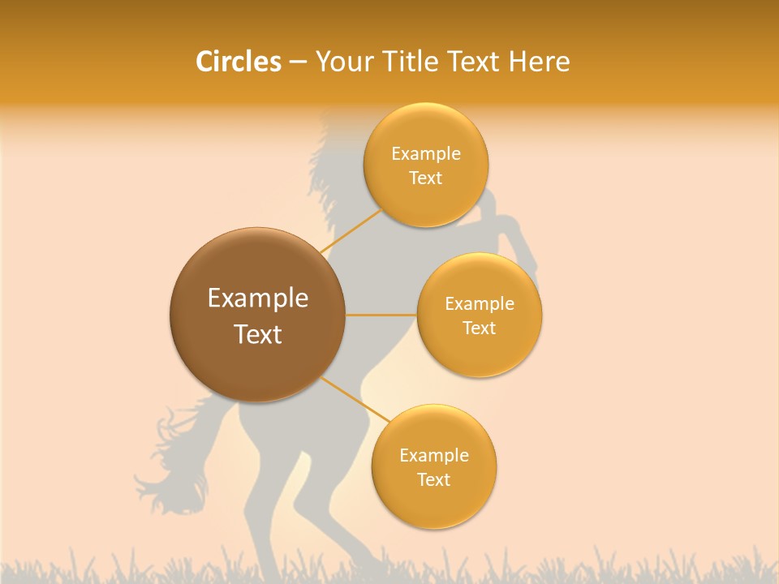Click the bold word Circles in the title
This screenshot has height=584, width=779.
(239, 62)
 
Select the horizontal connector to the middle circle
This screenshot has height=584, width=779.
(381, 315)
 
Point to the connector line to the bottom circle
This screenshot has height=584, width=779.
(355, 399)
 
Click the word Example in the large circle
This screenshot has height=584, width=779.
(258, 298)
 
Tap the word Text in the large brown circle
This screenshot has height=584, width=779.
(258, 334)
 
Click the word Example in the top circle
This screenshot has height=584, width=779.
(426, 154)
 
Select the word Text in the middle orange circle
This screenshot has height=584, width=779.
(479, 328)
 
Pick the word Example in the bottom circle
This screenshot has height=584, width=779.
(434, 456)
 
